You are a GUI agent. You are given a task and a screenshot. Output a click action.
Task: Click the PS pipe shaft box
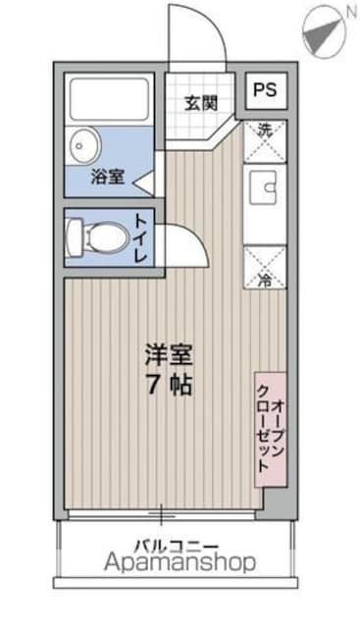pos(266,90)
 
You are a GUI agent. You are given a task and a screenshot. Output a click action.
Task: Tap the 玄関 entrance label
pos(201,103)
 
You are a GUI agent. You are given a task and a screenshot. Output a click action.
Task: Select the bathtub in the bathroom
pos(109,99)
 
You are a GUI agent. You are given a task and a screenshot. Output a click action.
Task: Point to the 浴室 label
pos(107,177)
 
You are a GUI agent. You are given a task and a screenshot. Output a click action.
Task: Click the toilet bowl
pos(97,236)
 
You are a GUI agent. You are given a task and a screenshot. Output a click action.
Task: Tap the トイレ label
pos(140,238)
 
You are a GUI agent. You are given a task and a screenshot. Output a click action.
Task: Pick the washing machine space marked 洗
pos(265,141)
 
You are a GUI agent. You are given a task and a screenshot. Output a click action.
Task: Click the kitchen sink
pos(264,187)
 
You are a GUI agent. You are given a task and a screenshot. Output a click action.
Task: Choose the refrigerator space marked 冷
pos(265,267)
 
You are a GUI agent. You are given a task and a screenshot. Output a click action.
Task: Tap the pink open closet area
pos(271,430)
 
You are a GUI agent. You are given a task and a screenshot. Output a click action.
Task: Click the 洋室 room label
pos(169,354)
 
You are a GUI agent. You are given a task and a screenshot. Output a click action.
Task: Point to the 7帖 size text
pos(170,386)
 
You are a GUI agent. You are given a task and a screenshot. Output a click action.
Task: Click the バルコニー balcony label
pos(177,546)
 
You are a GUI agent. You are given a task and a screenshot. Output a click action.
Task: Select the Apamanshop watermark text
pos(180,562)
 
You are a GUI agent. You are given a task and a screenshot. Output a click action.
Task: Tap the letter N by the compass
pos(351,12)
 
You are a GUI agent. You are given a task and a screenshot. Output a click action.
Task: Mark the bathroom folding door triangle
pos(144,183)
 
